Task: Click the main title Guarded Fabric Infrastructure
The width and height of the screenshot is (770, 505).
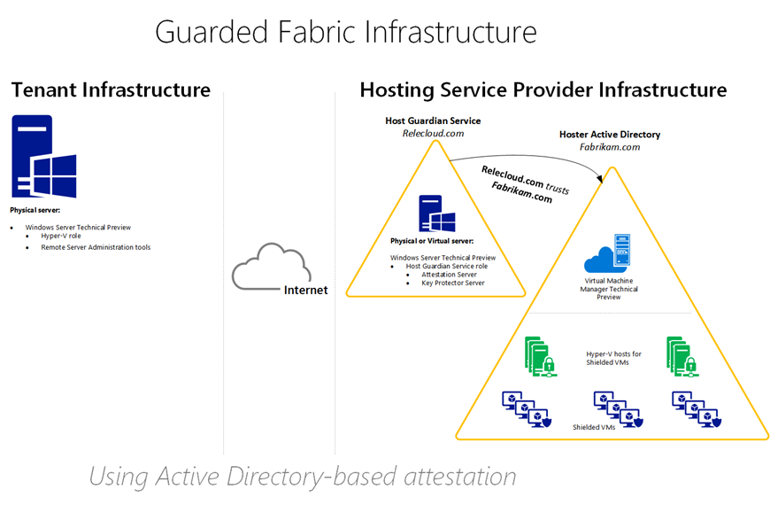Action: (x=345, y=32)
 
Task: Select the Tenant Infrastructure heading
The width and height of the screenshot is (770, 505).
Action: (x=111, y=89)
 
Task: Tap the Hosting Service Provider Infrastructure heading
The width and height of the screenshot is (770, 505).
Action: (x=543, y=89)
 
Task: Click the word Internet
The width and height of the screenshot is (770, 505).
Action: (x=305, y=290)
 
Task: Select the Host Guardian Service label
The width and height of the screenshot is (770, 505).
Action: (x=433, y=120)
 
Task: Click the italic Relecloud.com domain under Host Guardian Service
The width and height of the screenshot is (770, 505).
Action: (x=433, y=134)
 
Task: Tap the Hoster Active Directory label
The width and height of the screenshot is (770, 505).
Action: (x=609, y=135)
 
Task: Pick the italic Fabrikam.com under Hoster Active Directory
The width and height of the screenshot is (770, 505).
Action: (x=609, y=148)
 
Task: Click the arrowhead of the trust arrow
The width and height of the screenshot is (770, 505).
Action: (x=603, y=180)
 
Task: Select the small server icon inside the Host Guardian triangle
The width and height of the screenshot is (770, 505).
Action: (x=436, y=215)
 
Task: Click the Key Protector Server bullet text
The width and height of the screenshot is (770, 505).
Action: (x=452, y=284)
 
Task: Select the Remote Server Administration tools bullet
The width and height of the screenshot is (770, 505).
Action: (x=96, y=247)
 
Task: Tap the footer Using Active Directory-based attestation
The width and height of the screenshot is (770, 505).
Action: (x=303, y=477)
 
